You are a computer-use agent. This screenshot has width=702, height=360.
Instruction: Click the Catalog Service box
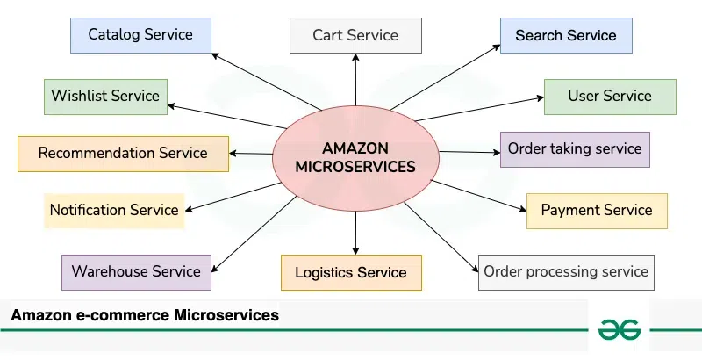coord(140,35)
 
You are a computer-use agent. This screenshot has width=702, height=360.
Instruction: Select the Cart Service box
coord(355,36)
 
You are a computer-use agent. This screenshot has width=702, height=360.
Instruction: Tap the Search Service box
coord(566,36)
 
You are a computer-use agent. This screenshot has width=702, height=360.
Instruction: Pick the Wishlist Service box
coord(105,96)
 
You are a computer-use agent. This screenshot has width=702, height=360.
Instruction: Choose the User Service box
coord(610,96)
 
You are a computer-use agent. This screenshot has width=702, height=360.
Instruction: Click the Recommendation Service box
coord(123,153)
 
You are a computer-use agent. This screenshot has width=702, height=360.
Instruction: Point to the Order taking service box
coord(575,148)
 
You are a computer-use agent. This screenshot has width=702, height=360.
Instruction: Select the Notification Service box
coord(114,210)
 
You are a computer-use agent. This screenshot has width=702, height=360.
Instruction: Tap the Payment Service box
coord(597,210)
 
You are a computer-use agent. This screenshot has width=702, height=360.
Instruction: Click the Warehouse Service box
coord(136,271)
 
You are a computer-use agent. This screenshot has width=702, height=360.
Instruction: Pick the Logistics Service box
coord(351,272)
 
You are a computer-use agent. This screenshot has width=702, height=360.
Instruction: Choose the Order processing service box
coord(566,271)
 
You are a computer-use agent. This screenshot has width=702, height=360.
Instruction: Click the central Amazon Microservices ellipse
coord(355,149)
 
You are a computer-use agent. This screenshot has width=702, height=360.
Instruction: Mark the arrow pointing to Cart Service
coord(355,79)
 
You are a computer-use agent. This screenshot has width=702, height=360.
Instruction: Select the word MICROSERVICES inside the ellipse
coord(355,167)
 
